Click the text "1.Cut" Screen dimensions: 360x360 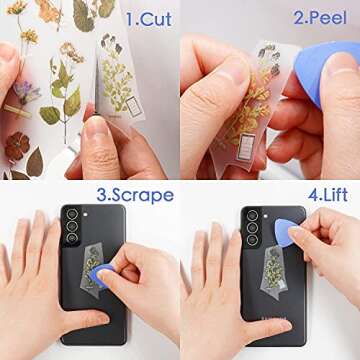point(149,19)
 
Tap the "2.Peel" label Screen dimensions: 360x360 point(320,18)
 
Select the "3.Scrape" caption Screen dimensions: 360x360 point(135,195)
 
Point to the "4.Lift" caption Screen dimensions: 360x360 point(328,195)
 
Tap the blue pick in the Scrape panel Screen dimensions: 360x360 point(101,274)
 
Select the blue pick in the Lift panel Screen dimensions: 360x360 point(286,232)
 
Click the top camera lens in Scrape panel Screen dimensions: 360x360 point(72,214)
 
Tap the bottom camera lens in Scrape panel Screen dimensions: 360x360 point(72,238)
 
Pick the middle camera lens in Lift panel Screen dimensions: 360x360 point(252,227)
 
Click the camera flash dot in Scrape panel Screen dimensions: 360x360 point(85,214)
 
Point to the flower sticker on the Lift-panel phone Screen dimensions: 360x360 point(274,273)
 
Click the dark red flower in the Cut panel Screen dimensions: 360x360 point(17,146)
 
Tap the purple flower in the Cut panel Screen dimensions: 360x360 point(27,92)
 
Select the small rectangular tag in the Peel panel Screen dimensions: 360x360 point(246,147)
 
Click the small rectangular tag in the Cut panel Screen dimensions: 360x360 point(134,106)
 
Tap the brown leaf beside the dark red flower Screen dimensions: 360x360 point(35,162)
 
